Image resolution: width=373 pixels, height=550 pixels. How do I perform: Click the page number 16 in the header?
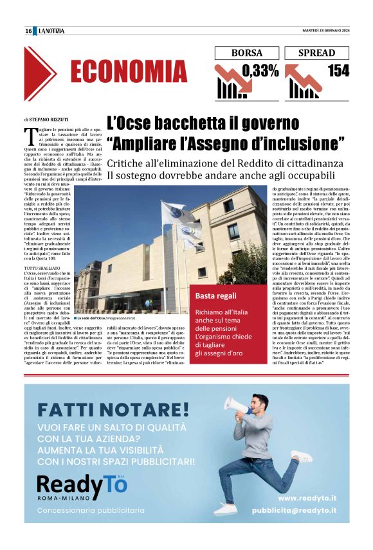click(28, 31)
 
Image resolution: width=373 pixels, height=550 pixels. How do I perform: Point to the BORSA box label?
click(247, 53)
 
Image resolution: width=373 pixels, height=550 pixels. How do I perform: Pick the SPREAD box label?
click(317, 53)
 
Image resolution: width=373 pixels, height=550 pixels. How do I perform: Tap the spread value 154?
click(338, 71)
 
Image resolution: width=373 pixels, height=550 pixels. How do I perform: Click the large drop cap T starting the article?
click(30, 134)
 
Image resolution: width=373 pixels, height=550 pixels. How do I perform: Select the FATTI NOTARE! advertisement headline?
click(113, 409)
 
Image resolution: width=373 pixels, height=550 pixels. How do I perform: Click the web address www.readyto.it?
click(307, 497)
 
